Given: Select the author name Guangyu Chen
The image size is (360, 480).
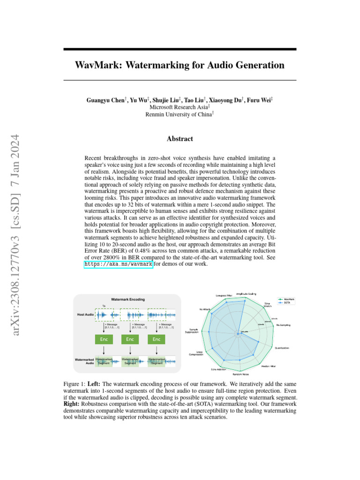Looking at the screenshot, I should coord(105,100).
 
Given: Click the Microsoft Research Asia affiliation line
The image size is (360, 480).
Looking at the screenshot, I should coord(180,107).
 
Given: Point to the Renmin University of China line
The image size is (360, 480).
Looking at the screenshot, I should coord(180,114).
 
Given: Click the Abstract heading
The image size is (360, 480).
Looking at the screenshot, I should coord(180,139).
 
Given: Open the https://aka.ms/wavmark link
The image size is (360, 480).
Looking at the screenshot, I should coord(118,264).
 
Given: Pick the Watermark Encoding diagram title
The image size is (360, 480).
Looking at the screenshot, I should coord(127,299).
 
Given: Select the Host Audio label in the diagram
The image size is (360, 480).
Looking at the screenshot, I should coord(86,315).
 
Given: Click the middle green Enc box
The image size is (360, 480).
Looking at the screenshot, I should coord(130,339).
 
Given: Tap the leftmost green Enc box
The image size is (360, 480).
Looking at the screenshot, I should coord(104,339).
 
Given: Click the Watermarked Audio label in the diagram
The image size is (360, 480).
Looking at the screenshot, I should coord(84,361).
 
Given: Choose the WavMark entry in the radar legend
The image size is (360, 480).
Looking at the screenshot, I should coord(289,299).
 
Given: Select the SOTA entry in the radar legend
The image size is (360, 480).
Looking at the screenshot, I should coord(287,302).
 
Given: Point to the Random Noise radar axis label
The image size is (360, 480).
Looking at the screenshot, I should coord(240,375).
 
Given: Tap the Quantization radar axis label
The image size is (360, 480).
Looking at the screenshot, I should coord(282,348).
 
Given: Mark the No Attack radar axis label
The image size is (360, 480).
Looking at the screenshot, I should coord(204,309).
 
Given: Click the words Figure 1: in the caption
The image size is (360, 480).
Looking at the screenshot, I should coord(74,384).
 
